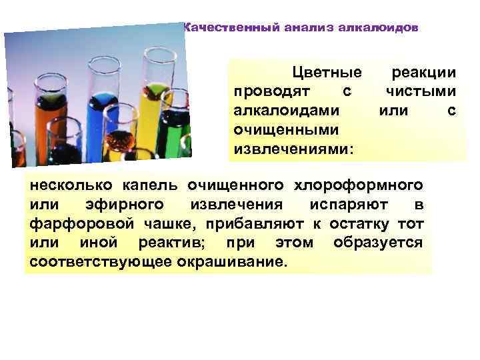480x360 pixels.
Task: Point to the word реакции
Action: coord(424,73)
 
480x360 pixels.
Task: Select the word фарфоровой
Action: coord(79,223)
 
